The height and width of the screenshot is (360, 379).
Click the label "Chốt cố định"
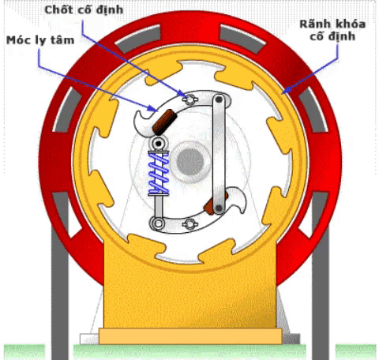(x=84, y=9)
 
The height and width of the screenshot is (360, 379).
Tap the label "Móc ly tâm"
(x=40, y=40)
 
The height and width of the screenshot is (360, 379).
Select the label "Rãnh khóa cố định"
(x=332, y=30)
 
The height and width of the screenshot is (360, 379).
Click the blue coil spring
(x=159, y=173)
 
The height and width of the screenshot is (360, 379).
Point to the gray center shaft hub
(x=190, y=161)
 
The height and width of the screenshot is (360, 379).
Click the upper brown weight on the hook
(x=165, y=122)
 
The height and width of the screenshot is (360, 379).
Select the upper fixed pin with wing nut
(x=189, y=99)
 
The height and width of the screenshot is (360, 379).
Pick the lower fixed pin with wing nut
(x=189, y=224)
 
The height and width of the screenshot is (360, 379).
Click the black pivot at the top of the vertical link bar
(x=219, y=99)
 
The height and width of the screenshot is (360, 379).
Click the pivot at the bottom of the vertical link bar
(x=219, y=208)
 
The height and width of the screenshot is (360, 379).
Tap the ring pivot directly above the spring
(x=159, y=144)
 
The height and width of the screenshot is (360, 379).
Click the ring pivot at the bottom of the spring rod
(x=158, y=223)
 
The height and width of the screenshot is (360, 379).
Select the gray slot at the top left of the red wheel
(x=138, y=39)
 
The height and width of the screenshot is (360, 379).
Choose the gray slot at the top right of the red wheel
(x=242, y=39)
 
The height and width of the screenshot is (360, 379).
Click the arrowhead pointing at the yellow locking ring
(x=285, y=90)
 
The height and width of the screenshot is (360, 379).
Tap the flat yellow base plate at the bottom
(x=190, y=336)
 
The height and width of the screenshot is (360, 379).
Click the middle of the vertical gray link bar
(x=219, y=154)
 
